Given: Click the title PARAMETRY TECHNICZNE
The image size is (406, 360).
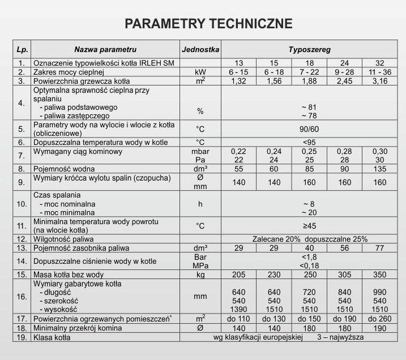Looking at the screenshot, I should click(208, 24).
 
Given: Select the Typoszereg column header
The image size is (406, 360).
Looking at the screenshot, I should click(309, 50).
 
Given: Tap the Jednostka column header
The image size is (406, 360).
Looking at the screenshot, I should click(200, 50).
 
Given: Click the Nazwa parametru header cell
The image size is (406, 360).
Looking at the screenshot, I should click(105, 50).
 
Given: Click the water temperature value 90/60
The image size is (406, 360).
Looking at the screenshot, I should click(309, 129).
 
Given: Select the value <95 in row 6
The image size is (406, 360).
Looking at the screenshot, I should click(309, 142).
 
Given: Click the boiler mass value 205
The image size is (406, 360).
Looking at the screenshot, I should click(239, 275).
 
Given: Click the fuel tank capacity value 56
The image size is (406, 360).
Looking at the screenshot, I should click(345, 248).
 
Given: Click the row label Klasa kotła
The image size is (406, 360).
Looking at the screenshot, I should click(54, 337).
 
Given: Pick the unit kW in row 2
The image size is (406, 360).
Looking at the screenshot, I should click(200, 72).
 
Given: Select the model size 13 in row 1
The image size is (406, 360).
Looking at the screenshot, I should click(239, 63).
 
